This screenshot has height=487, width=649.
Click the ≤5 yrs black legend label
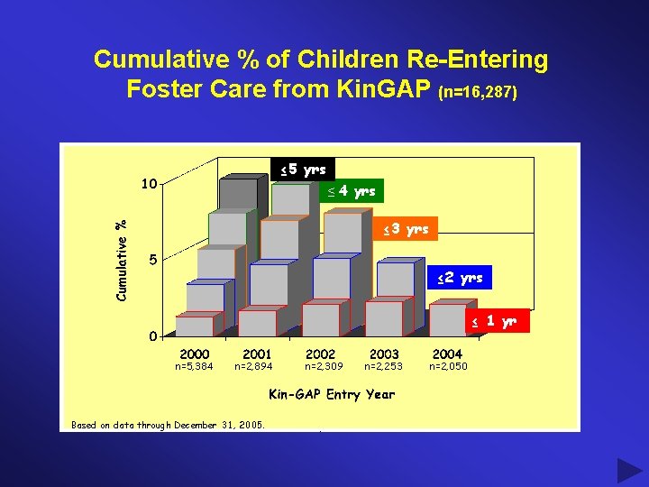pos(303,170)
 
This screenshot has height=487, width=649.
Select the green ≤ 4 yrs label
pos(352,191)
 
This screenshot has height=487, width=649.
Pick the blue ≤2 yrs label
pos(460,278)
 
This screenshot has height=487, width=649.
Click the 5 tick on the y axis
pos(153,260)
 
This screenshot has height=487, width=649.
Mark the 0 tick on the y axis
pos(153,336)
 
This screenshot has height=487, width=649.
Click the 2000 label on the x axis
pos(195,354)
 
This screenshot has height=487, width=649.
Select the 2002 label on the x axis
pos(320,354)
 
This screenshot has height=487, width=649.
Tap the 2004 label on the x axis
pos(448,354)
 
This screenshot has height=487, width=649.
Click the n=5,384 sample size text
pos(194,367)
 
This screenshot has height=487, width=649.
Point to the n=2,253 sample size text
pos(383,367)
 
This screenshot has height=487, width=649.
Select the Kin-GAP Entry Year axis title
pos(332,394)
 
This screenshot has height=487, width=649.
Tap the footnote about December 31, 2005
pos(168,425)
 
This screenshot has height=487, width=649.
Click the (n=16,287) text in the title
pos(478,92)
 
